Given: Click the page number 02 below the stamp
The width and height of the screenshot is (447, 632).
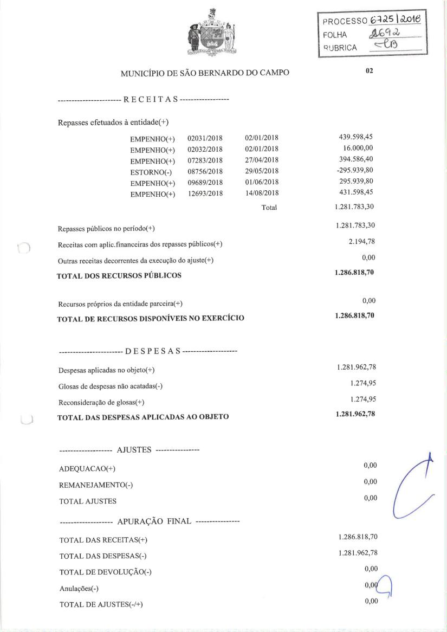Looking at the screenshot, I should [x=369, y=70].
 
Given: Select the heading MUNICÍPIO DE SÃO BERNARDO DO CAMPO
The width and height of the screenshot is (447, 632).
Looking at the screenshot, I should [x=205, y=73].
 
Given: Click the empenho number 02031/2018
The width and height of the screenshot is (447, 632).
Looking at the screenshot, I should [x=205, y=138].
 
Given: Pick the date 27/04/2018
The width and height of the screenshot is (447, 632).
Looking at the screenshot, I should [x=262, y=160].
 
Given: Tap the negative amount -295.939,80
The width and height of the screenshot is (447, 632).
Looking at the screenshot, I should [x=355, y=170].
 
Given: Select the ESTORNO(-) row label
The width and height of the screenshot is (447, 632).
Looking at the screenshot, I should [x=152, y=171].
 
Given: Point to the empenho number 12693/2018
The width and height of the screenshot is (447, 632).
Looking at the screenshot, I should [x=205, y=193].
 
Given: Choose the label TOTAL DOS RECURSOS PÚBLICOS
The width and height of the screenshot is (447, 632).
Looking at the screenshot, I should [x=119, y=275].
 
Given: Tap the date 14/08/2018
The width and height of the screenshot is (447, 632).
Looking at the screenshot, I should [x=262, y=193].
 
